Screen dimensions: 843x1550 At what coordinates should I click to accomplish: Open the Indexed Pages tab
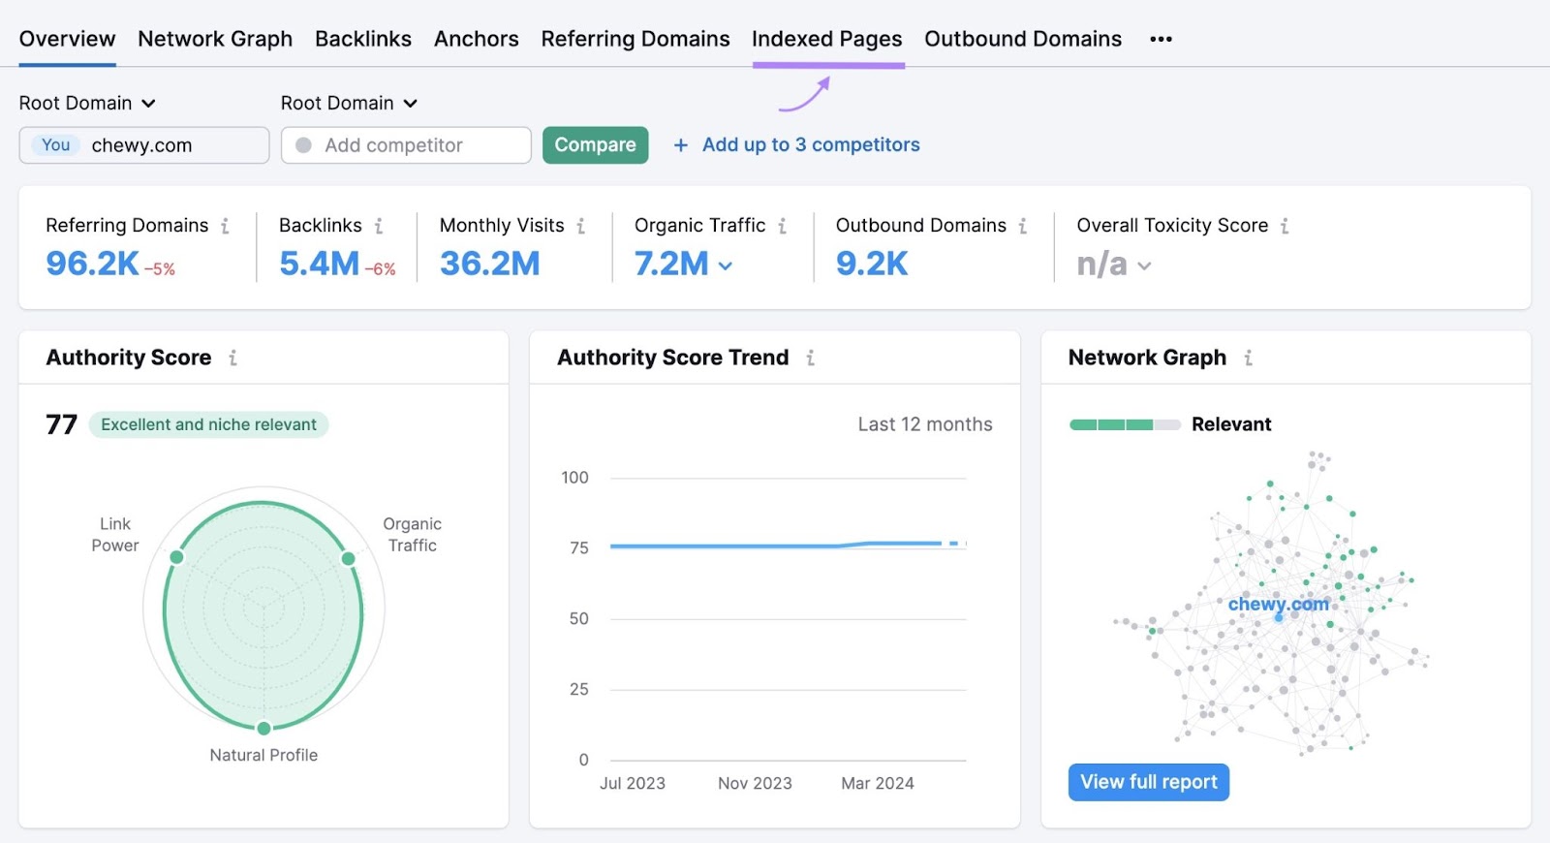coord(826,39)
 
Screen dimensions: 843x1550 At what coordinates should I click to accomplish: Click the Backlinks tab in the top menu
coord(362,39)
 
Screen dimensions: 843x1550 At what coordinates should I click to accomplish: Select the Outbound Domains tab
coord(1022,39)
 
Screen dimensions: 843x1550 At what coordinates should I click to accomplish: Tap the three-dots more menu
coord(1161,39)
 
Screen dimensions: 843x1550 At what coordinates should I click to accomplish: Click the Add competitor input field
coord(406,145)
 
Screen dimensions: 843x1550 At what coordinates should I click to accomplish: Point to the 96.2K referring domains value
coord(93,264)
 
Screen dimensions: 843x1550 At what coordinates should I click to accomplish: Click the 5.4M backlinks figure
coord(319,264)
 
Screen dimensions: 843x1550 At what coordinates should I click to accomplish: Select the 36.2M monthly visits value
coord(489,264)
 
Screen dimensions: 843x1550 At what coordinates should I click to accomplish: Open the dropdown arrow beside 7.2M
coord(726,265)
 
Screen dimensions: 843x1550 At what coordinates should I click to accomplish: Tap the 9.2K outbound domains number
coord(871,264)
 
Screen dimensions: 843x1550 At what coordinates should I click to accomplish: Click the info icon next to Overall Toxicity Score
coord(1285,226)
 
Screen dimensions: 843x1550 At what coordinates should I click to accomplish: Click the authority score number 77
coord(61,424)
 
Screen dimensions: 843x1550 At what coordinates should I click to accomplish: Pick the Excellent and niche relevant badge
coord(208,424)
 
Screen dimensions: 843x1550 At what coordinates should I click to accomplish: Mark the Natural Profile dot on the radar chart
coord(263,728)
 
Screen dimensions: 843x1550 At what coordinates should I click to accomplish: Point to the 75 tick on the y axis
coord(578,548)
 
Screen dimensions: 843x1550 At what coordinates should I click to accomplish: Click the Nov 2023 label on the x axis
coord(755,783)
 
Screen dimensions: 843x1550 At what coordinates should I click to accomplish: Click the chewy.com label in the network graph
coord(1278,604)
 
